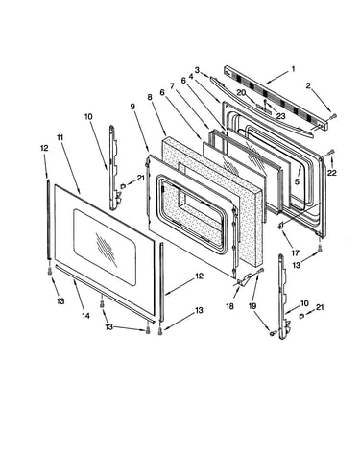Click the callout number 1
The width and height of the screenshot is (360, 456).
coord(293,69)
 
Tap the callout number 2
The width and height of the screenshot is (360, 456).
coord(308,85)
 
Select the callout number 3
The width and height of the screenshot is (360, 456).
coord(197,70)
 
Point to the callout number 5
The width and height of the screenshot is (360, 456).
coord(297,181)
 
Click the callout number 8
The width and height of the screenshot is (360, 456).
coord(150,97)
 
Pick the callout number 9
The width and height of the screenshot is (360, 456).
coord(132,107)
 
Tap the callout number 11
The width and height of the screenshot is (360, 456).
coord(60,137)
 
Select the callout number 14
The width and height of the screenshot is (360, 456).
coord(85,316)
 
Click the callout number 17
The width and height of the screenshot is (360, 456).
coord(295,253)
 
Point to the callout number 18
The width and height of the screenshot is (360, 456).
coord(229,306)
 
